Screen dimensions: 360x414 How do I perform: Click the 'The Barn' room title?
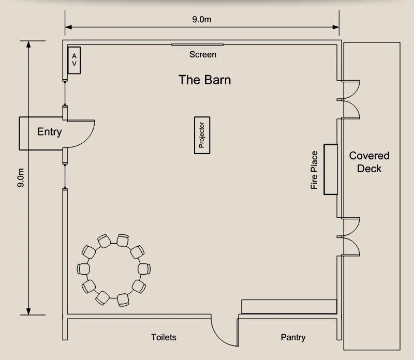204,80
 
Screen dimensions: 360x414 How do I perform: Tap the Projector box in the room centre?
202,134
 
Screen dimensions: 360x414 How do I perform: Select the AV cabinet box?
74,60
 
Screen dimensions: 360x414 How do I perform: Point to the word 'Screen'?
202,54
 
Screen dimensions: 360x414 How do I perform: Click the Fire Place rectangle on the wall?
331,169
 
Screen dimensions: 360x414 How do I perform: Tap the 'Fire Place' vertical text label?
314,170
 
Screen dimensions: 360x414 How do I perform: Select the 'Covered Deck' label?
369,162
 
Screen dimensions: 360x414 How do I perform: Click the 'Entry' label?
49,132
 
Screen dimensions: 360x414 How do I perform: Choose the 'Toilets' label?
164,337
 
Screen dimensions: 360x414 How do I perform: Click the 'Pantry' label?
293,337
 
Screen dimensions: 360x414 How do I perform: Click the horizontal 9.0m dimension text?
202,20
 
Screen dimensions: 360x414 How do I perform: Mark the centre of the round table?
114,269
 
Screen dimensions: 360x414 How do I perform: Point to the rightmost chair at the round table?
144,269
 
